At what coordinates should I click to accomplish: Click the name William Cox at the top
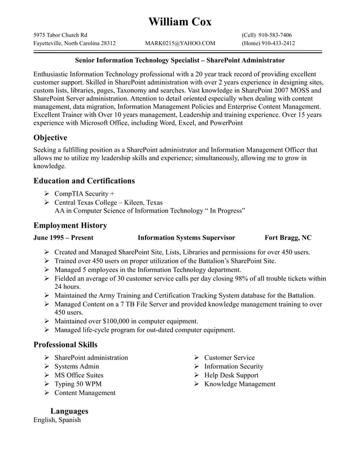pos(180,22)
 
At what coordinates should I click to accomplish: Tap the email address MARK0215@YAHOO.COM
pos(180,43)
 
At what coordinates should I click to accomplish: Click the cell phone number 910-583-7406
pos(275,35)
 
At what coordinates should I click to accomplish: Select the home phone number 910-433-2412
pos(276,43)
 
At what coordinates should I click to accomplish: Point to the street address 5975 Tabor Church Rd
pos(60,35)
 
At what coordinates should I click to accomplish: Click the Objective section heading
pos(50,138)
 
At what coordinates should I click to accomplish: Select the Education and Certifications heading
pos(84,181)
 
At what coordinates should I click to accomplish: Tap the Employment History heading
pos(70,226)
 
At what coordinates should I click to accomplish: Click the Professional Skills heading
pos(65,345)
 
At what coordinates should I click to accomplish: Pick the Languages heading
pos(69,411)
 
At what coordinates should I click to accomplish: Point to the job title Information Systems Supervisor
pos(186,238)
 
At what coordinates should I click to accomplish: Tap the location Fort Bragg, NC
pos(288,238)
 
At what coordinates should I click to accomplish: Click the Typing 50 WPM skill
pos(78,384)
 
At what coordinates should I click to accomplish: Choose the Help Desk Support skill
pos(231,375)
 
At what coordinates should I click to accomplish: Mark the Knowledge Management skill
pos(240,384)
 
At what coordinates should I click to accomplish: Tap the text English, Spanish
pos(57,420)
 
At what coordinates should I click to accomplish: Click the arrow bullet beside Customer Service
pos(196,358)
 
